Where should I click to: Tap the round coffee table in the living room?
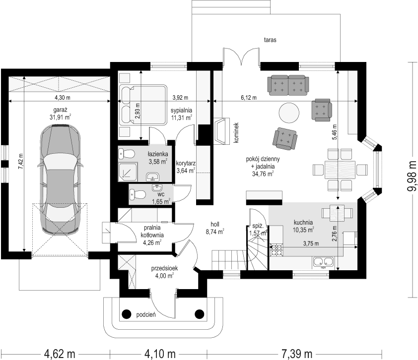point(289,113)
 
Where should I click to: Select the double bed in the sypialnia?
point(143,105)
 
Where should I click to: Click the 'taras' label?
point(270,40)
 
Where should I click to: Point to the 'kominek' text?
point(236,133)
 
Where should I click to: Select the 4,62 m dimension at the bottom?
point(60,354)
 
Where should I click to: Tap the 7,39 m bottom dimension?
point(297,354)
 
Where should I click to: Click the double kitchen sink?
point(323,262)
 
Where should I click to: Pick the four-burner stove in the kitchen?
point(276,250)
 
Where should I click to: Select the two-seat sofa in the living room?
point(288,85)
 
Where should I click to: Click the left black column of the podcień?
point(127,314)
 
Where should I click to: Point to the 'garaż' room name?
point(60,110)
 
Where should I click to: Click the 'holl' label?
point(215,225)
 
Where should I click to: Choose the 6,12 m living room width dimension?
point(249,98)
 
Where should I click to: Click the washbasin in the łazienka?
point(152,176)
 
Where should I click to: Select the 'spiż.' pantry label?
point(258,226)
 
